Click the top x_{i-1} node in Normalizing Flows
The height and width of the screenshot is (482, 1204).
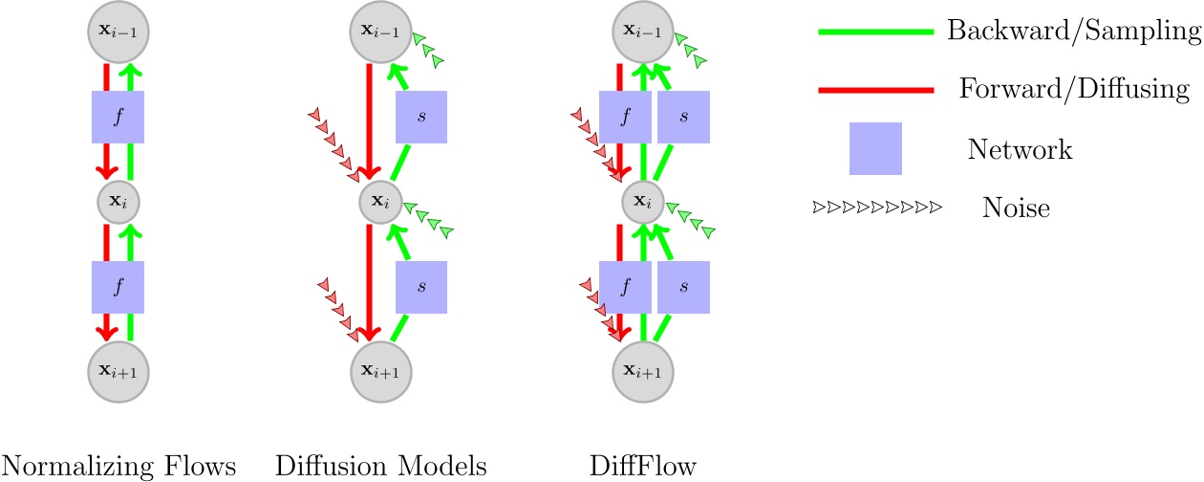118,33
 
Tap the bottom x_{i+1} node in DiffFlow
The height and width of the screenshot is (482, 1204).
643,370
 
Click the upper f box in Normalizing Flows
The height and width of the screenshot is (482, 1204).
118,118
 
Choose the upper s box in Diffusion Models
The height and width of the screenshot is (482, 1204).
421,118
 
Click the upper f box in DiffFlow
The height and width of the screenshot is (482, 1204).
625,118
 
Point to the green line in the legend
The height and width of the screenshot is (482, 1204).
874,32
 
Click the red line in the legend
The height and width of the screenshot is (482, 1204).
874,90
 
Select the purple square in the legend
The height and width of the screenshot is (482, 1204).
875,149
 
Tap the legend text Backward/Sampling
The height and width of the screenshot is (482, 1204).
1073,32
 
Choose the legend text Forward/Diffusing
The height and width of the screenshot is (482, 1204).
1073,90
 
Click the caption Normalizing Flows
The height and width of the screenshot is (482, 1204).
118,466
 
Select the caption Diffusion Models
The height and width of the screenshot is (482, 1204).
381,466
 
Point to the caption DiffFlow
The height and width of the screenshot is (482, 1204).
643,466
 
